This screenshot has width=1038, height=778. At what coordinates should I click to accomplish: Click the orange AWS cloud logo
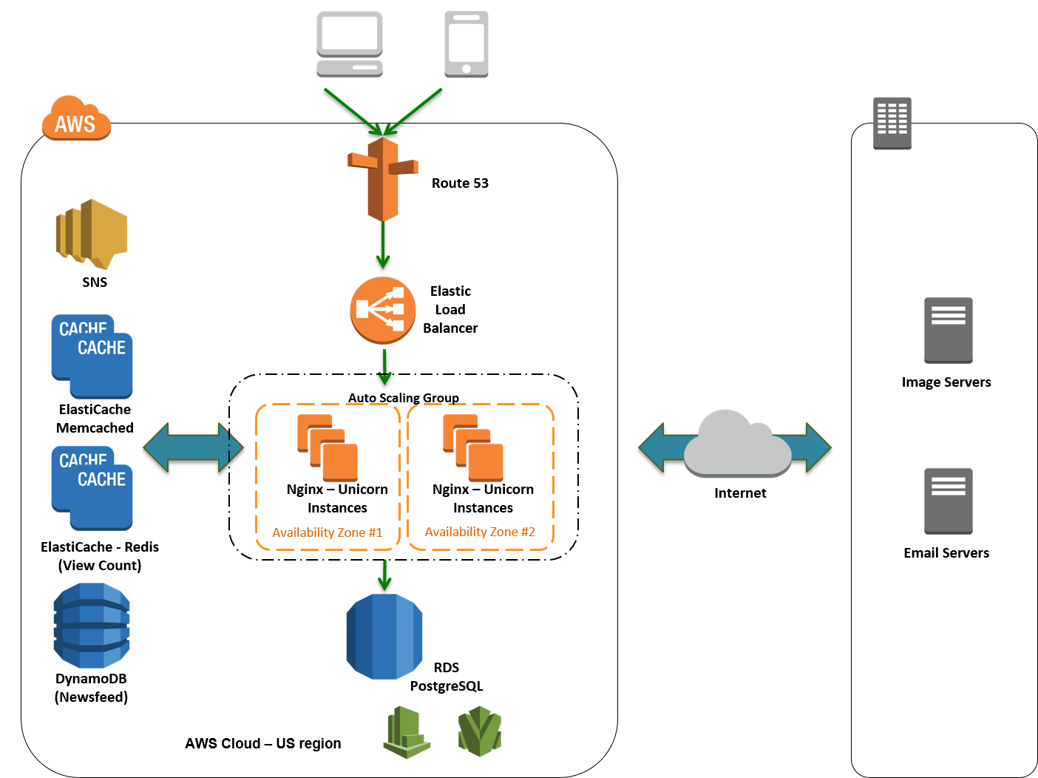coord(76,118)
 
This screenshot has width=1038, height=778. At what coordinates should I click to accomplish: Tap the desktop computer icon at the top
coord(350,44)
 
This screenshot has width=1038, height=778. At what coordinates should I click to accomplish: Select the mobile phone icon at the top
coord(467,44)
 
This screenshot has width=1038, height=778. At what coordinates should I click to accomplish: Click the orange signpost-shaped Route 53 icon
coord(383,179)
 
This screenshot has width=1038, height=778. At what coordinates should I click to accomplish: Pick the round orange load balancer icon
coord(383,310)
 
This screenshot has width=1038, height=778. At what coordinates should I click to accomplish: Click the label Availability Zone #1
coord(327,532)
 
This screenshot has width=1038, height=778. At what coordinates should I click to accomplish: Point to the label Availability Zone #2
coord(480,532)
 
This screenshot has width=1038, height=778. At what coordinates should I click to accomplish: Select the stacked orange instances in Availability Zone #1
coord(328,447)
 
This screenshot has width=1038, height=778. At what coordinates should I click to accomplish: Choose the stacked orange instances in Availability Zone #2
coord(473,447)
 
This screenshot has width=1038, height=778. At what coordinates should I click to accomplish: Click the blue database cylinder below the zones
coord(384,636)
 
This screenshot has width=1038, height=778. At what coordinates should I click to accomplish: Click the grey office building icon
coord(892,123)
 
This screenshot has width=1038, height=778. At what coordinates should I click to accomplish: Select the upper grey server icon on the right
coord(949,331)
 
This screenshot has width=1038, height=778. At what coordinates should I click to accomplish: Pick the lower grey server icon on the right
coord(949,501)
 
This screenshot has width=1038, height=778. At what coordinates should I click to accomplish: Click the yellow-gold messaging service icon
coord(92,234)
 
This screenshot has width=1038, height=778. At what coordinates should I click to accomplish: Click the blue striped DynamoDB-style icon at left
coord(92,626)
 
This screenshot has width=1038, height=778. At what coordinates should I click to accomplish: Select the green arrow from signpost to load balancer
coord(383,246)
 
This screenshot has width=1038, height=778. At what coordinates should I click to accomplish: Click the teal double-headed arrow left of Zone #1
coord(194,447)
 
